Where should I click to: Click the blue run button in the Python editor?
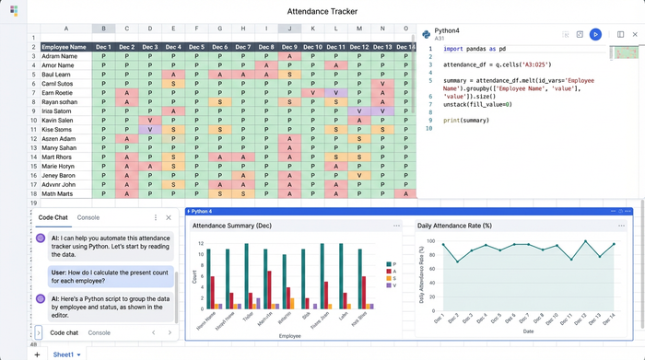[x=595, y=34]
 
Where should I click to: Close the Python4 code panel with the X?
[x=635, y=34]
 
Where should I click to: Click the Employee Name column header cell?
[x=64, y=47]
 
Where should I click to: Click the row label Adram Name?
[x=60, y=56]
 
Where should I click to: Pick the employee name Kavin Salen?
[x=58, y=121]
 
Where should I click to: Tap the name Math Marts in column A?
[x=58, y=194]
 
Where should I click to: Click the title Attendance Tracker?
[x=322, y=11]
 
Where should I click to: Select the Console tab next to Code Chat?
[x=88, y=217]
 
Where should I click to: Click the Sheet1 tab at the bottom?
[x=64, y=354]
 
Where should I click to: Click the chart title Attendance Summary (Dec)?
[x=232, y=226]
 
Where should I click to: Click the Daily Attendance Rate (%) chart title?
[x=454, y=226]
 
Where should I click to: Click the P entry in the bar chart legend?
[x=395, y=264]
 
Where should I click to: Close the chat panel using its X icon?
[x=168, y=217]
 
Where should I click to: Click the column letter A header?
[x=65, y=29]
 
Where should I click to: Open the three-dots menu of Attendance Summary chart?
[x=397, y=226]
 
